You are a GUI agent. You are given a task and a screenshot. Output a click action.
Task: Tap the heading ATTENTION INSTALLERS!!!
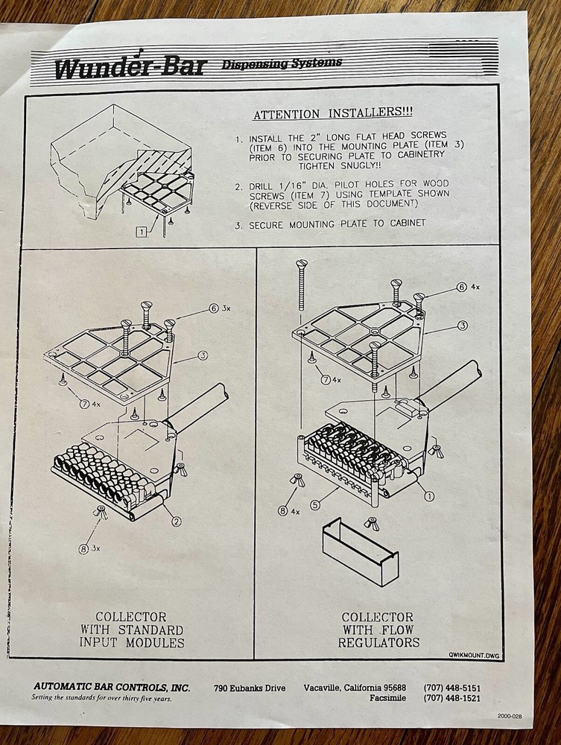[x=332, y=113]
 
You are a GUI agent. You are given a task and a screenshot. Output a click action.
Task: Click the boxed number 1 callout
[x=142, y=232]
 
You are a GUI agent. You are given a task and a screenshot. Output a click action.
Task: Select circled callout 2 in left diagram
[x=176, y=521]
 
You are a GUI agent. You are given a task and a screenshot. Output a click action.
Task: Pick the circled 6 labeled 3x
[x=214, y=308]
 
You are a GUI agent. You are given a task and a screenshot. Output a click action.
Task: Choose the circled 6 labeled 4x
[x=461, y=287]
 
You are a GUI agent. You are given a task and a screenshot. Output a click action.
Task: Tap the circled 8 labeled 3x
[x=83, y=549]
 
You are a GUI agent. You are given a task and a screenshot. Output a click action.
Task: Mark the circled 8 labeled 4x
[x=283, y=511]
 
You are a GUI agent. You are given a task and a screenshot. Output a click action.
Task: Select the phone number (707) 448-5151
[x=451, y=688]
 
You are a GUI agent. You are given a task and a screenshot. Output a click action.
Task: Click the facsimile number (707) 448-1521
[x=451, y=698]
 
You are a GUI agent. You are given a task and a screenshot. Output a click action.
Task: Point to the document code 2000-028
[x=510, y=716]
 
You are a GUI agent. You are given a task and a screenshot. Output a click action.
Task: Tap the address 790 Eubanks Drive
[x=250, y=688]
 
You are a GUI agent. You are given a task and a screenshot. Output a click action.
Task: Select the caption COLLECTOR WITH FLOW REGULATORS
[x=378, y=630]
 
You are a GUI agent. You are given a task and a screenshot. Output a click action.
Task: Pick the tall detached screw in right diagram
[x=300, y=287]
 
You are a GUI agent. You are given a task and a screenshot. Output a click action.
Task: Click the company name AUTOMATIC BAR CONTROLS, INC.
[x=112, y=687]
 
